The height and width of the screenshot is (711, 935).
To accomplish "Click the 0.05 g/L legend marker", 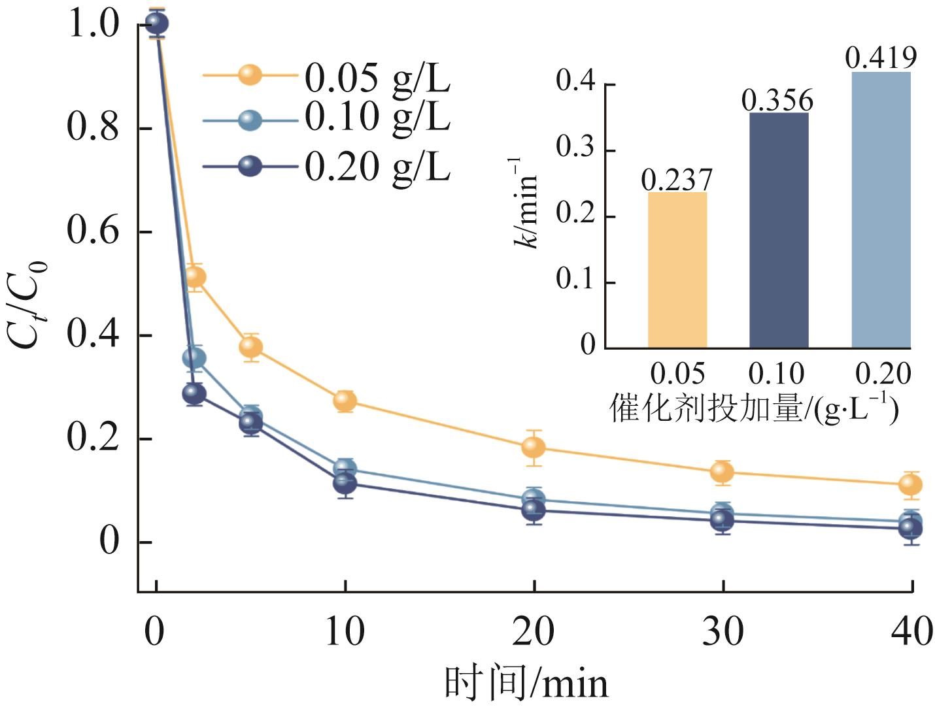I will click(250, 74).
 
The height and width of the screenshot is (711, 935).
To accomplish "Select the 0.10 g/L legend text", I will click(377, 118).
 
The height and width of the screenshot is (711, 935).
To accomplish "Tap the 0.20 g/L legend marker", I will click(250, 166).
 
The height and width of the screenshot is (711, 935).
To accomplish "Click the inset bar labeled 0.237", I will click(677, 269).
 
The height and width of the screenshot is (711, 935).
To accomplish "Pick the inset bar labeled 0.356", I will click(779, 230).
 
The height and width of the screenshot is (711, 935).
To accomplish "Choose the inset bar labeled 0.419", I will click(881, 209).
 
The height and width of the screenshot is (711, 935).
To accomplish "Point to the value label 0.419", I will click(881, 58).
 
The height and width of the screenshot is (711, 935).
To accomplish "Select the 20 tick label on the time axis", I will click(534, 631).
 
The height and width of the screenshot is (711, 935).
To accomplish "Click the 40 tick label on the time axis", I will click(911, 631).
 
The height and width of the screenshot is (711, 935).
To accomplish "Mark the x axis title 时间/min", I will click(526, 684).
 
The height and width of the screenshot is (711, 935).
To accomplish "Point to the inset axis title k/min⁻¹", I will click(524, 203).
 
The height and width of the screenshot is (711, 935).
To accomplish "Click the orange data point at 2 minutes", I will click(194, 277).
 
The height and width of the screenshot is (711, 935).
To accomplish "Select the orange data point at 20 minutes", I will click(534, 447).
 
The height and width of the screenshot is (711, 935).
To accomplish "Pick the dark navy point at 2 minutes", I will click(194, 393).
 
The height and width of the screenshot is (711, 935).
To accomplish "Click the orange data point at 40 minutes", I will click(910, 484).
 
